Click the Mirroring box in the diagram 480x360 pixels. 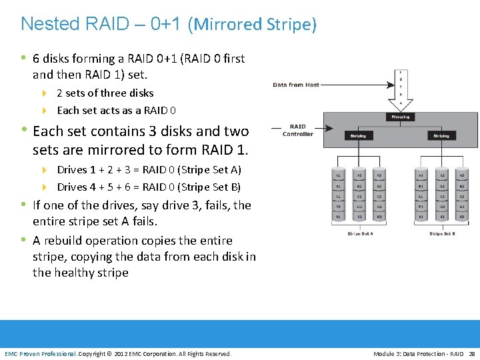[x=400, y=117]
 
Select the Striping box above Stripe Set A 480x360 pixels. [x=358, y=135]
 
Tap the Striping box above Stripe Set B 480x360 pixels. [x=441, y=135]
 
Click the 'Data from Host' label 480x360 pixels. [x=296, y=85]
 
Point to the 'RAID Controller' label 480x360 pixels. [x=297, y=130]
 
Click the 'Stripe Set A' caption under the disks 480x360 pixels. [x=359, y=234]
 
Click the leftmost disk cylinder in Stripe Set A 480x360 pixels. [x=339, y=195]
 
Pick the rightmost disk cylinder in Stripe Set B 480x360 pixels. [x=461, y=195]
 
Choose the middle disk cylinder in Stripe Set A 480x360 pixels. [x=359, y=195]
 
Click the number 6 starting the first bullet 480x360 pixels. [x=37, y=59]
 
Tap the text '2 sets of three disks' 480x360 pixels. [x=105, y=93]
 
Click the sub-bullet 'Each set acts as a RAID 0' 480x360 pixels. [x=117, y=111]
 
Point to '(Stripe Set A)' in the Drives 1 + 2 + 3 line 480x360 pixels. [x=208, y=170]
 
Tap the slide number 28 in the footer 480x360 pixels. [x=472, y=353]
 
